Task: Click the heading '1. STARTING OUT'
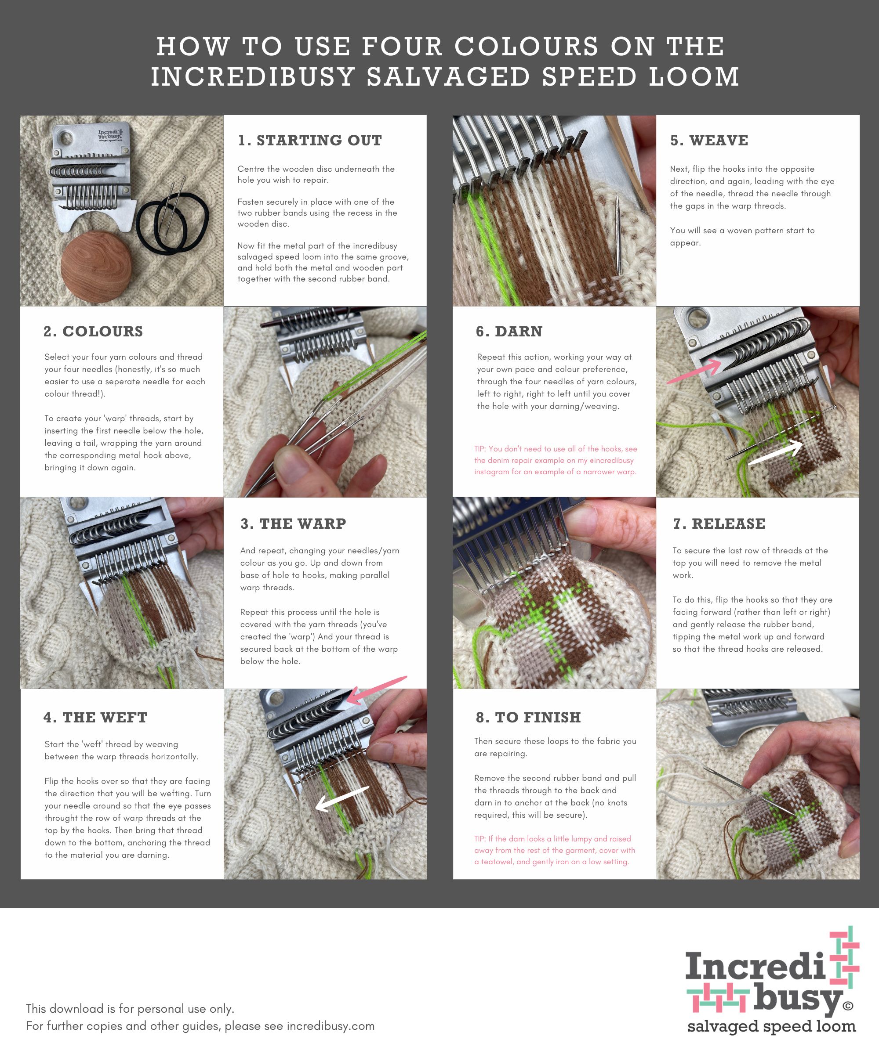(310, 141)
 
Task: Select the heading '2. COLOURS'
(94, 331)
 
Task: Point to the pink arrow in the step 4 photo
(377, 689)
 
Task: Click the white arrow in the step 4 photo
(342, 798)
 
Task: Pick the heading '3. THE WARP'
(293, 523)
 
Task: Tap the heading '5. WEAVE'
(709, 141)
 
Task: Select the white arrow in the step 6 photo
(776, 452)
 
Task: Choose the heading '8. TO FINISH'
(528, 717)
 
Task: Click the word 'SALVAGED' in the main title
(449, 77)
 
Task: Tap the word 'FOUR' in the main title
(402, 46)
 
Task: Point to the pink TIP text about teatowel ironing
(555, 850)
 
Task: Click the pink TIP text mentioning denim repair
(555, 460)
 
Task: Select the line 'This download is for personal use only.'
(130, 1008)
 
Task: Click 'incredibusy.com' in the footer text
(331, 1026)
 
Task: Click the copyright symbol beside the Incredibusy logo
(848, 1005)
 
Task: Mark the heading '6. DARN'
(509, 331)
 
